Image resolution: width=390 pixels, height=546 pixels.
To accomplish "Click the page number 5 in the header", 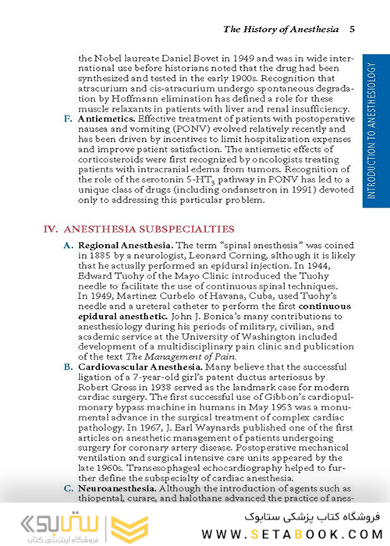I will click(x=353, y=30).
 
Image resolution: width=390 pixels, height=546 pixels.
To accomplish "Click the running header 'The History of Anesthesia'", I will click(x=281, y=30).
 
